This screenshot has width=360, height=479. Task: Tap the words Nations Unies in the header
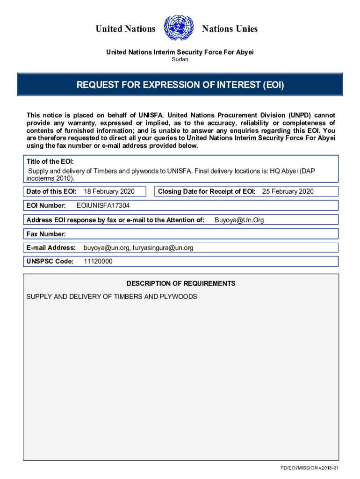(230, 29)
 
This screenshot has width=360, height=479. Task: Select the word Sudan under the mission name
(180, 59)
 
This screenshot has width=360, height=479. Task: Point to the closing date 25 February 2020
(288, 191)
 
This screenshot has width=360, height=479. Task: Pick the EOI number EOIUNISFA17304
(103, 205)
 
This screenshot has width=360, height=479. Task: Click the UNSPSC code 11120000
(98, 261)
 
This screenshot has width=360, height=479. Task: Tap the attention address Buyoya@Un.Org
(239, 220)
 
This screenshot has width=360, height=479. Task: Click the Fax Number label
(46, 234)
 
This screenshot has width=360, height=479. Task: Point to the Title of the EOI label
(50, 161)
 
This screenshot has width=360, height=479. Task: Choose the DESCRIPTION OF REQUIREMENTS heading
(181, 283)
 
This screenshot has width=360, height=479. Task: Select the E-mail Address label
(51, 247)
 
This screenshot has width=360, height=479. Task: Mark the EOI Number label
(46, 205)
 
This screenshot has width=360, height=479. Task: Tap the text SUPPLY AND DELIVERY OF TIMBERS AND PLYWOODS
(112, 297)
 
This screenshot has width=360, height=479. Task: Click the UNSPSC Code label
(50, 261)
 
